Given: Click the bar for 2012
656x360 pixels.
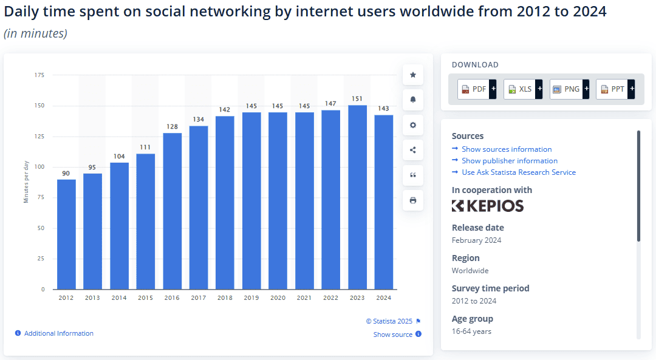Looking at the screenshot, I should [x=66, y=234].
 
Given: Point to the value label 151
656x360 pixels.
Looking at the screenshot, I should [x=357, y=99].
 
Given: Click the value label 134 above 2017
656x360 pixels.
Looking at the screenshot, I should [x=199, y=120].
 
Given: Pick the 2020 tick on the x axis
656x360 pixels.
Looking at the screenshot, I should [x=278, y=298].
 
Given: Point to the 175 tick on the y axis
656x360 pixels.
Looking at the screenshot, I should [x=39, y=75].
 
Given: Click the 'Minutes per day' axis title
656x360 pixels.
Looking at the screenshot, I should [x=26, y=183].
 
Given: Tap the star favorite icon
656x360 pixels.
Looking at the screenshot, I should [x=413, y=75].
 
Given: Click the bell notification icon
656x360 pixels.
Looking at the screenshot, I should [x=413, y=100].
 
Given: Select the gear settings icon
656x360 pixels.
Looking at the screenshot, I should [x=413, y=125].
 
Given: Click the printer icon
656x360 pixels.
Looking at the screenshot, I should [x=413, y=200].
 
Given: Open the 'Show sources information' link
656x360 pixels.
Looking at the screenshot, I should [x=507, y=149].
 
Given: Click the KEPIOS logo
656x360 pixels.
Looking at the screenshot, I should [x=488, y=206].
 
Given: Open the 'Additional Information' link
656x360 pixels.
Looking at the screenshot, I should [x=58, y=333].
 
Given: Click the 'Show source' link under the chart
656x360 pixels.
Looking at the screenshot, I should [x=393, y=335].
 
